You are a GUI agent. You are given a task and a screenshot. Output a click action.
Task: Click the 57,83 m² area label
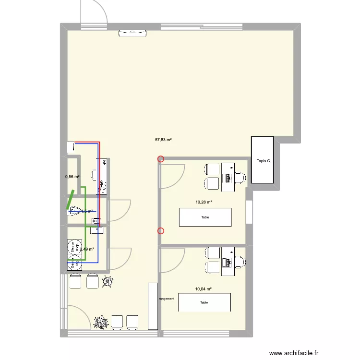[163, 140]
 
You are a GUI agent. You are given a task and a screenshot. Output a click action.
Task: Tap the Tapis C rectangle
[262, 160]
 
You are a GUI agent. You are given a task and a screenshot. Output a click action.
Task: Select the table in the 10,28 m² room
[205, 217]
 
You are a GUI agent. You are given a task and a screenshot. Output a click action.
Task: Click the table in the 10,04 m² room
[204, 302]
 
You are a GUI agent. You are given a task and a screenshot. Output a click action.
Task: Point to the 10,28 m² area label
[204, 202]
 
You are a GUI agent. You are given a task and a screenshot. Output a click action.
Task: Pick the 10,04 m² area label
[204, 289]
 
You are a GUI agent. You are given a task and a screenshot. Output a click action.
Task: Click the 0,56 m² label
[72, 177]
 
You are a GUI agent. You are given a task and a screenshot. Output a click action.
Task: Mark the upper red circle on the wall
[161, 159]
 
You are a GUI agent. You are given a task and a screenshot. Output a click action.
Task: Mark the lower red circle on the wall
[161, 231]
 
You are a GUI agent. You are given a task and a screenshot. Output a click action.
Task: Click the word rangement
[167, 299]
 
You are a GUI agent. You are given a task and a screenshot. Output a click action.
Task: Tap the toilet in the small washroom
[75, 210]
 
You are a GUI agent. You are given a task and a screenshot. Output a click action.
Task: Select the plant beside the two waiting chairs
[107, 282]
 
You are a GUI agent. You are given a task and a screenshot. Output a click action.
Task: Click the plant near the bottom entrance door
[101, 322]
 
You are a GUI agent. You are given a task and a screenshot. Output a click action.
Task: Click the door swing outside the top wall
[93, 12]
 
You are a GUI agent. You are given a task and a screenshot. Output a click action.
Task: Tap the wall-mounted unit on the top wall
[132, 33]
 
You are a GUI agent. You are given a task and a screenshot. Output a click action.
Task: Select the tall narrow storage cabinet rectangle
[153, 306]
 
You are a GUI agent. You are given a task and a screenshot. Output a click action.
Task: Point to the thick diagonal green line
[70, 200]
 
